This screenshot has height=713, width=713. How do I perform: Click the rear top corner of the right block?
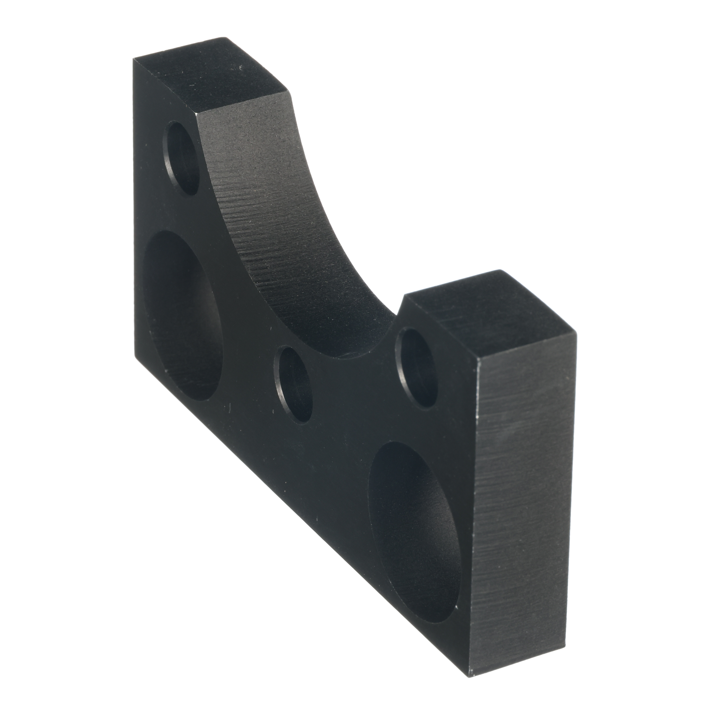pos(501,270)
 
